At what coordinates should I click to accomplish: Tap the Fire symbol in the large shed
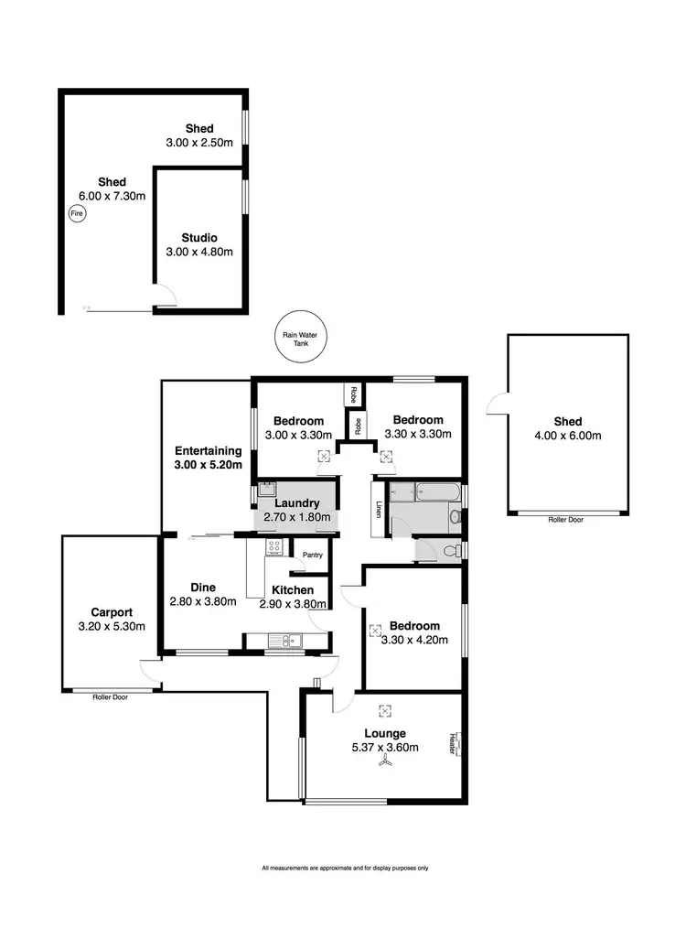point(77,213)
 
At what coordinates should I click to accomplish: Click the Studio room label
point(199,238)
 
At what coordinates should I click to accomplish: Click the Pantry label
point(312,554)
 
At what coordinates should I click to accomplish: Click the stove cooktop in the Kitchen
point(273,547)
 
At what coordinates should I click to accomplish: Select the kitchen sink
point(292,641)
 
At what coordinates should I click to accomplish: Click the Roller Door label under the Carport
point(110,697)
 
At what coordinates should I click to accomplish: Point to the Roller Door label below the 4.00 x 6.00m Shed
point(566,519)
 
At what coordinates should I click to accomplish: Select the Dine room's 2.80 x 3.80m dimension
point(203,601)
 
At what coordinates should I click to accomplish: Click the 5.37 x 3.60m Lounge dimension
point(384,748)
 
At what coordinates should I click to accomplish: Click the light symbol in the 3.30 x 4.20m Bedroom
point(375,630)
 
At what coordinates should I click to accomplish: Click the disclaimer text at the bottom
point(345,868)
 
